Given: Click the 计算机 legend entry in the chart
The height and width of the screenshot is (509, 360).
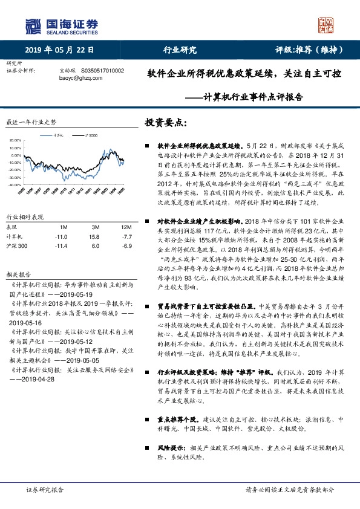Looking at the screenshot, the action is [x=59, y=136].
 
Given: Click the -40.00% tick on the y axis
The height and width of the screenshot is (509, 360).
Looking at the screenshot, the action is [x=15, y=184].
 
